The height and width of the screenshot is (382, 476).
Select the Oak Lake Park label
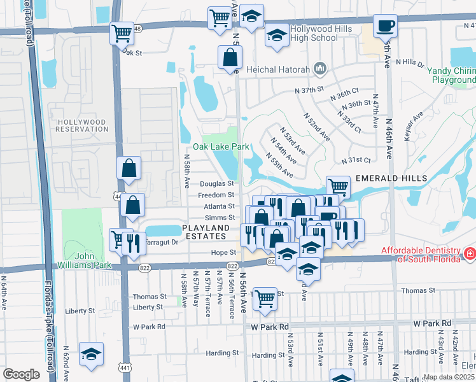pyautogui.click(x=226, y=146)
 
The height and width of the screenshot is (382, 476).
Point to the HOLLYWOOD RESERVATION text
pyautogui.click(x=83, y=125)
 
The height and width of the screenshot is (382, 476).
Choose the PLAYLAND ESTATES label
pyautogui.click(x=205, y=232)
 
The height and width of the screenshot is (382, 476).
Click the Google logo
pyautogui.click(x=21, y=374)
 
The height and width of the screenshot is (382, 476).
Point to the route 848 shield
pyautogui.click(x=137, y=28)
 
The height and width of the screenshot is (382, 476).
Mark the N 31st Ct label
pyautogui.click(x=356, y=160)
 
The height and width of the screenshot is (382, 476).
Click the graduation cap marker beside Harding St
pyautogui.click(x=92, y=354)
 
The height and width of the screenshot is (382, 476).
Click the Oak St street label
pyautogui.click(x=131, y=53)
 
